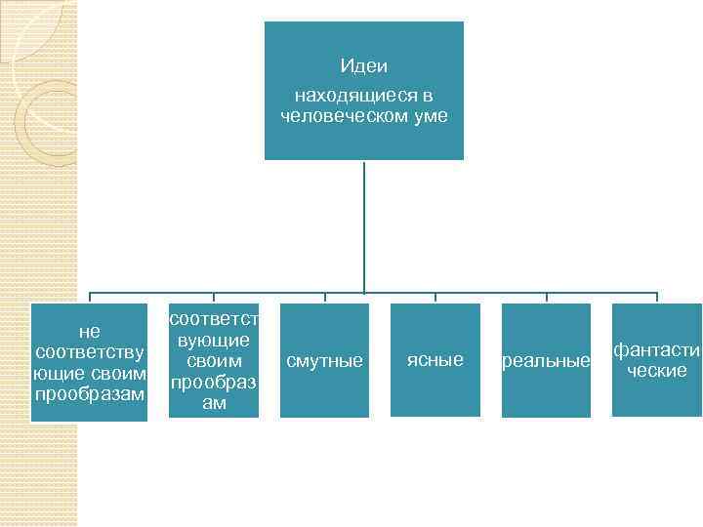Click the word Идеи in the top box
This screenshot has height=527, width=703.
(364, 66)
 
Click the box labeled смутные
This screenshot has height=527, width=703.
(324, 361)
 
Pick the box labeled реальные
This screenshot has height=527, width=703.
(546, 361)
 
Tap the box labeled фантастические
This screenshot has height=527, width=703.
(657, 360)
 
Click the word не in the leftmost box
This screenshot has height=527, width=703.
(89, 332)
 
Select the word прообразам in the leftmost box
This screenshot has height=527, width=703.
(89, 393)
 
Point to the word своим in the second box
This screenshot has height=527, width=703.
(214, 361)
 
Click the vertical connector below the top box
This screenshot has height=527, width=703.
(364, 224)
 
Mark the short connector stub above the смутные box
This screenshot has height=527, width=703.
(324, 298)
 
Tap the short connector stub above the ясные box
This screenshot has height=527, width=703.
(435, 298)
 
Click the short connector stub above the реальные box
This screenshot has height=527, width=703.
(547, 298)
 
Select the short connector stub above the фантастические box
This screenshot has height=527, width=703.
(657, 298)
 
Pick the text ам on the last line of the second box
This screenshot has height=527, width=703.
(214, 403)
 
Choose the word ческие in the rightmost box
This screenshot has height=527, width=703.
(657, 371)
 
